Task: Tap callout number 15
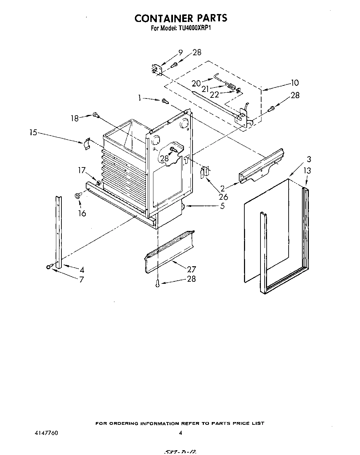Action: point(33,132)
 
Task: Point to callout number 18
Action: point(74,118)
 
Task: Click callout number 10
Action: point(294,83)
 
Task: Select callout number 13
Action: point(307,171)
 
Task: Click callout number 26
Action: point(223,197)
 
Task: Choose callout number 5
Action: point(222,206)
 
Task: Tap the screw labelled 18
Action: point(96,116)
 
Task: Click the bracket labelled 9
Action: point(156,70)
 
